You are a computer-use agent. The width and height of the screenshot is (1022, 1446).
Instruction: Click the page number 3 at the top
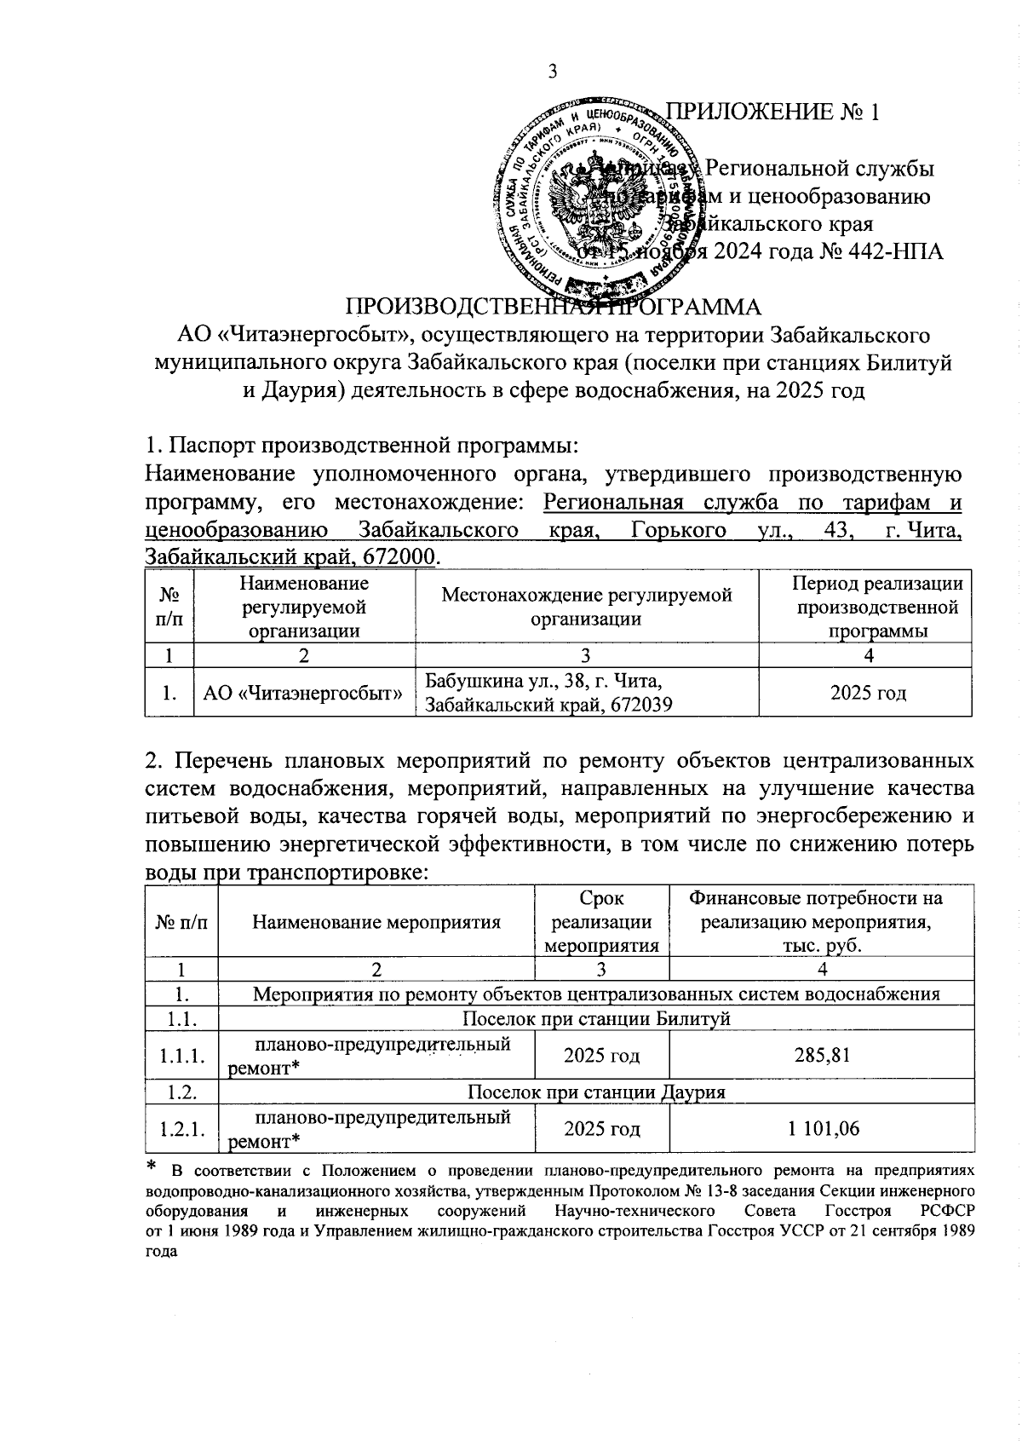(552, 72)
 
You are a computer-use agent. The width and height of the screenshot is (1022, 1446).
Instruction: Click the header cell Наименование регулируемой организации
(304, 607)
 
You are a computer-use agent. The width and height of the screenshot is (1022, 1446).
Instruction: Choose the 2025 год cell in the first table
(864, 693)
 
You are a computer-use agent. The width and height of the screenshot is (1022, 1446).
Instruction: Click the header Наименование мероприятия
(376, 921)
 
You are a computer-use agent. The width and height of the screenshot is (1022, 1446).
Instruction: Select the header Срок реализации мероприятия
(601, 921)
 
